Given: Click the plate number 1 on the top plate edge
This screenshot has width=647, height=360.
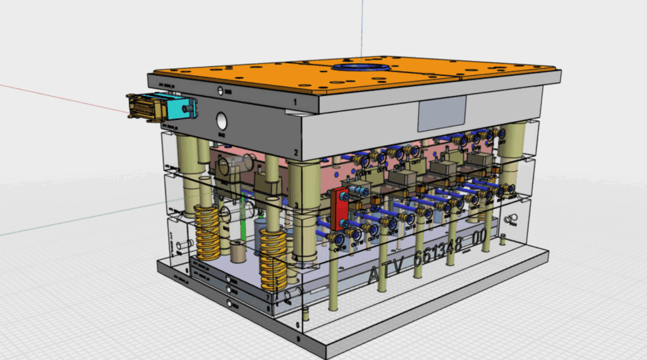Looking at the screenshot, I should (294, 101).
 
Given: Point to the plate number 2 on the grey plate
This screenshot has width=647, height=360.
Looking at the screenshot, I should (294, 153).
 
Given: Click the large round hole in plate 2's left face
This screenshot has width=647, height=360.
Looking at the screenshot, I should (222, 120).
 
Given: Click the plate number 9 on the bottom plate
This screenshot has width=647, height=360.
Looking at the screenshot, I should (298, 338).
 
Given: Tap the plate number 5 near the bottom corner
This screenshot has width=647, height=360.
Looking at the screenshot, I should (298, 324).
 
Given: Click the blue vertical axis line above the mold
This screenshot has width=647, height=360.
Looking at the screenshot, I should (363, 25).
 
